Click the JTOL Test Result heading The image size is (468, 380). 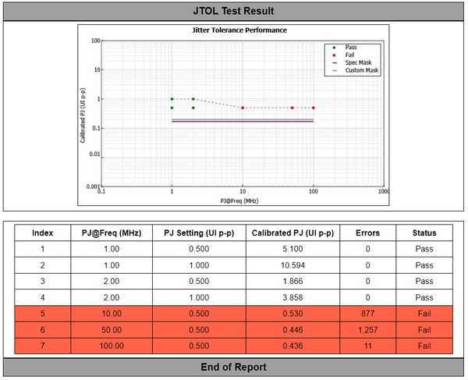(233, 11)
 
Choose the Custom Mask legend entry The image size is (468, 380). (361, 70)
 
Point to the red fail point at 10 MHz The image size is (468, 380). (243, 108)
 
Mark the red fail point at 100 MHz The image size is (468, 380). (314, 108)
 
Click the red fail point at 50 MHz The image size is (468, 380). (292, 108)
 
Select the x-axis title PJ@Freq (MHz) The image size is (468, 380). (239, 201)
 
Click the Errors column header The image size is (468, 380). (367, 233)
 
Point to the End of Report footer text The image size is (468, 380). (233, 367)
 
